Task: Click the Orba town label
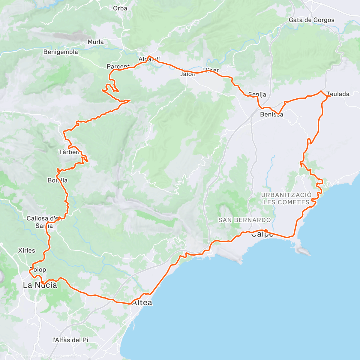(120, 8)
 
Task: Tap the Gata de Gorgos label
(311, 20)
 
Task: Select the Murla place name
(96, 42)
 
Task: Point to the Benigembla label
(61, 52)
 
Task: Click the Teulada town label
(338, 94)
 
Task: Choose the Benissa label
(271, 115)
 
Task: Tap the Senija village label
(257, 94)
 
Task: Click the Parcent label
(118, 67)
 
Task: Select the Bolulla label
(58, 180)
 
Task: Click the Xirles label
(27, 250)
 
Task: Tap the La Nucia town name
(40, 285)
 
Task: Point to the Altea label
(142, 303)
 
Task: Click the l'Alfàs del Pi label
(70, 340)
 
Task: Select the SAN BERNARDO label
(244, 220)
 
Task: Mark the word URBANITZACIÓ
(286, 195)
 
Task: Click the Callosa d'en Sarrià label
(44, 222)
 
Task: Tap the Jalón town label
(188, 74)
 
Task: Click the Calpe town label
(262, 234)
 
